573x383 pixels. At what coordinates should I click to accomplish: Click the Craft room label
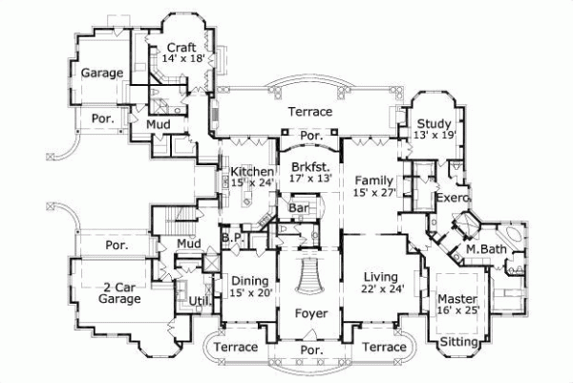pyautogui.click(x=181, y=47)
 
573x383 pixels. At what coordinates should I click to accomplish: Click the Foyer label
pyautogui.click(x=311, y=311)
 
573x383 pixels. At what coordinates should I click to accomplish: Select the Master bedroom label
pyautogui.click(x=456, y=298)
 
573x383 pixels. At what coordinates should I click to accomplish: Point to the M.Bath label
pyautogui.click(x=484, y=250)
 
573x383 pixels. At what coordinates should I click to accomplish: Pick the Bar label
pyautogui.click(x=297, y=206)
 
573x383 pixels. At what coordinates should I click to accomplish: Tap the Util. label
pyautogui.click(x=200, y=302)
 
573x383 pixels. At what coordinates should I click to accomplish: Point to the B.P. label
pyautogui.click(x=230, y=236)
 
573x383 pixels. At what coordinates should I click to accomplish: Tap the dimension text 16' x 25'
pyautogui.click(x=456, y=310)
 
